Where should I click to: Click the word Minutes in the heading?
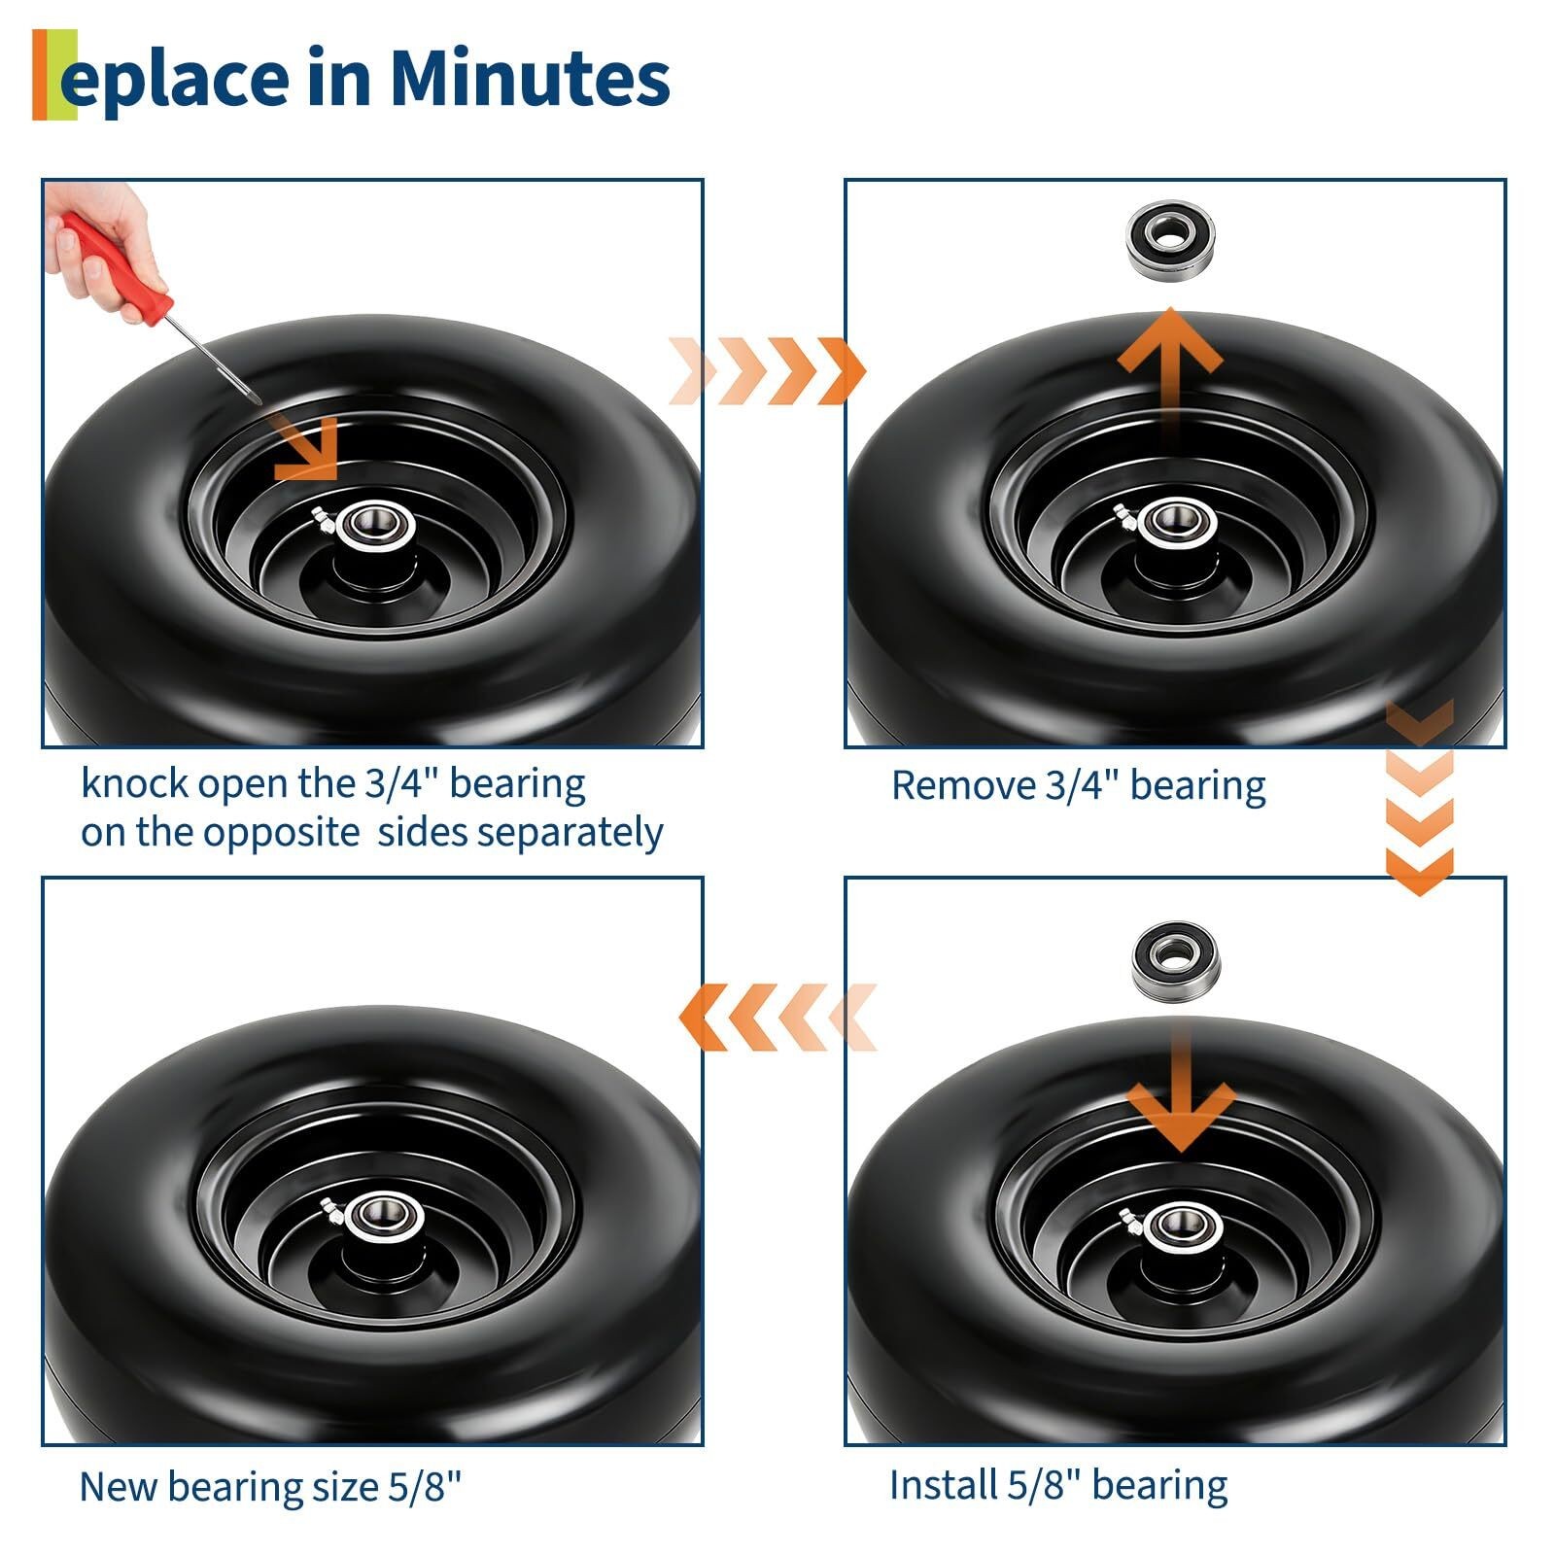(x=530, y=78)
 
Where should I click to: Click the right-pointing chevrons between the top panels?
(x=768, y=370)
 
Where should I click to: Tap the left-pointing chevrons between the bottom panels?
(x=777, y=1017)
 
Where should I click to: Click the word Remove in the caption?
(x=961, y=785)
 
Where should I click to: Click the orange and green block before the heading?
(x=54, y=75)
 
